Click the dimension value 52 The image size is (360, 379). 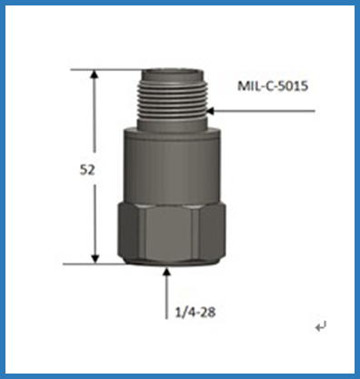pyautogui.click(x=87, y=169)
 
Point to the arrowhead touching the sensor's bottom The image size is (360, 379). pyautogui.click(x=166, y=270)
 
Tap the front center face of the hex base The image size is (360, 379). pyautogui.click(x=165, y=232)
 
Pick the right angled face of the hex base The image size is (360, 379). pyautogui.click(x=211, y=232)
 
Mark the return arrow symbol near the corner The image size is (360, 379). pyautogui.click(x=319, y=324)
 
